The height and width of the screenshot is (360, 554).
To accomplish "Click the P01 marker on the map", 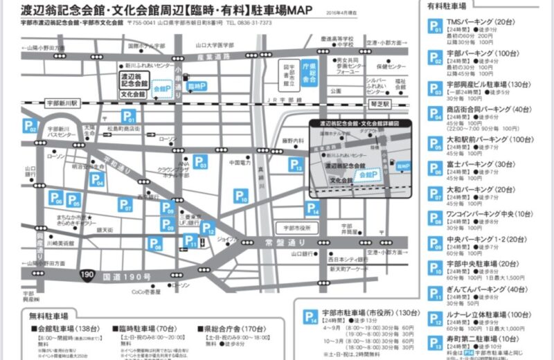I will click(x=129, y=117).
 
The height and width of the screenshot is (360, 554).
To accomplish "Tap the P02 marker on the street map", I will click(x=30, y=126).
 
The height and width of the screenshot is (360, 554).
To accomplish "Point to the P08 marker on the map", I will click(x=155, y=244).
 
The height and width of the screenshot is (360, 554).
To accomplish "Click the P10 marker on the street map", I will click(x=240, y=197).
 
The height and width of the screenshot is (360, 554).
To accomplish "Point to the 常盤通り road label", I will click(x=285, y=242).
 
